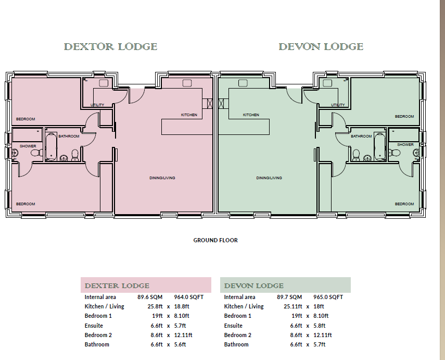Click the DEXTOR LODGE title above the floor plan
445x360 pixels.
coord(110,47)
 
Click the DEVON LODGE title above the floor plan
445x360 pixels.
coord(321,47)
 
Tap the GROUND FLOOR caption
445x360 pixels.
coord(215,240)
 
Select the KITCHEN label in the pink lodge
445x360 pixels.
coord(189,115)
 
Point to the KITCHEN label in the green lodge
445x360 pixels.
coord(251,115)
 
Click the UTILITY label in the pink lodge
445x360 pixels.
coord(97,105)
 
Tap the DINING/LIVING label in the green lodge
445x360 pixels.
coord(269,178)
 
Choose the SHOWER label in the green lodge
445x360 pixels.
coord(405,144)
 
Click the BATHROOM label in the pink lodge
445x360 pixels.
coord(69,136)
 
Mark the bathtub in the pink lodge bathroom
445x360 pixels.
coord(51,148)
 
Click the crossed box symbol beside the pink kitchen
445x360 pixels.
coord(210,103)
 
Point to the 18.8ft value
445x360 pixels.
coord(181,306)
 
